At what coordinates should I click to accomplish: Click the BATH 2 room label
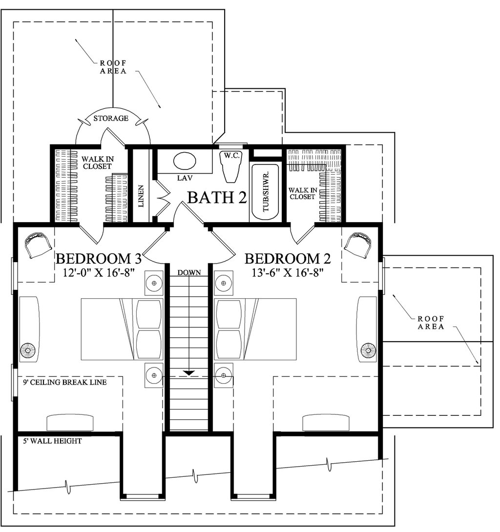[217, 197]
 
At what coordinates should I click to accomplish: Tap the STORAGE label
[111, 119]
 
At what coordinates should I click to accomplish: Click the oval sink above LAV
[184, 161]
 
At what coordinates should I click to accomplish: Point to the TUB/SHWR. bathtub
[265, 192]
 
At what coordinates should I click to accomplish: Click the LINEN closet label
[141, 196]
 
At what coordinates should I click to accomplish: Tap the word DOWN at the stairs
[189, 272]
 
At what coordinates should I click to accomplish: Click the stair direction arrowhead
[189, 373]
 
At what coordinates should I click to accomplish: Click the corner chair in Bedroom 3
[39, 245]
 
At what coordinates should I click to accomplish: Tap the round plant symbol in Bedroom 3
[27, 350]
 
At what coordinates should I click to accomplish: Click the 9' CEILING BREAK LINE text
[65, 382]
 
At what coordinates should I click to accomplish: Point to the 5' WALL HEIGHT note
[52, 441]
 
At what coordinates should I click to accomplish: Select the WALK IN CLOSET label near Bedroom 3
[98, 163]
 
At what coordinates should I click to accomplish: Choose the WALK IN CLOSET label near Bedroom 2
[303, 193]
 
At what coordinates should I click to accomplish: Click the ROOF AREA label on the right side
[431, 323]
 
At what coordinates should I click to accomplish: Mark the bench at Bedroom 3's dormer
[70, 422]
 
